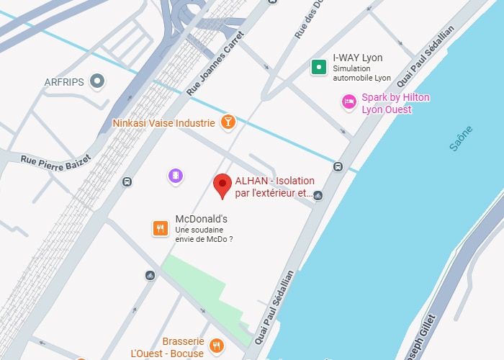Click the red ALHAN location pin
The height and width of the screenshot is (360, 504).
[x=223, y=185]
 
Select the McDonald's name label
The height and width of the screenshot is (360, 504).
[x=202, y=219]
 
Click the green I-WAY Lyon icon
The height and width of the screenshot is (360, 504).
[x=318, y=68]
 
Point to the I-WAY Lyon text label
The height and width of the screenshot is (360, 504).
[x=357, y=58]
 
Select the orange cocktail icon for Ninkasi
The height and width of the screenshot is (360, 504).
[x=228, y=122]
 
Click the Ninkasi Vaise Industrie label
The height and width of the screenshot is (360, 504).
[x=163, y=123]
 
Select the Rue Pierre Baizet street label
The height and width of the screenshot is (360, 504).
[x=56, y=159]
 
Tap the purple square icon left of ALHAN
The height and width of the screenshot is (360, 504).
[x=175, y=176]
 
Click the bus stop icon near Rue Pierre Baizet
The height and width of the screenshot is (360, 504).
[x=127, y=181]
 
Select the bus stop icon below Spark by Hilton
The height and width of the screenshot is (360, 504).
[x=338, y=166]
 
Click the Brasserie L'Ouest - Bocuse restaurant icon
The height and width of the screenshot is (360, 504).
[x=217, y=347]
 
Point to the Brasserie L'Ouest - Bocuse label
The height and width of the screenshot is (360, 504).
[x=168, y=347]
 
